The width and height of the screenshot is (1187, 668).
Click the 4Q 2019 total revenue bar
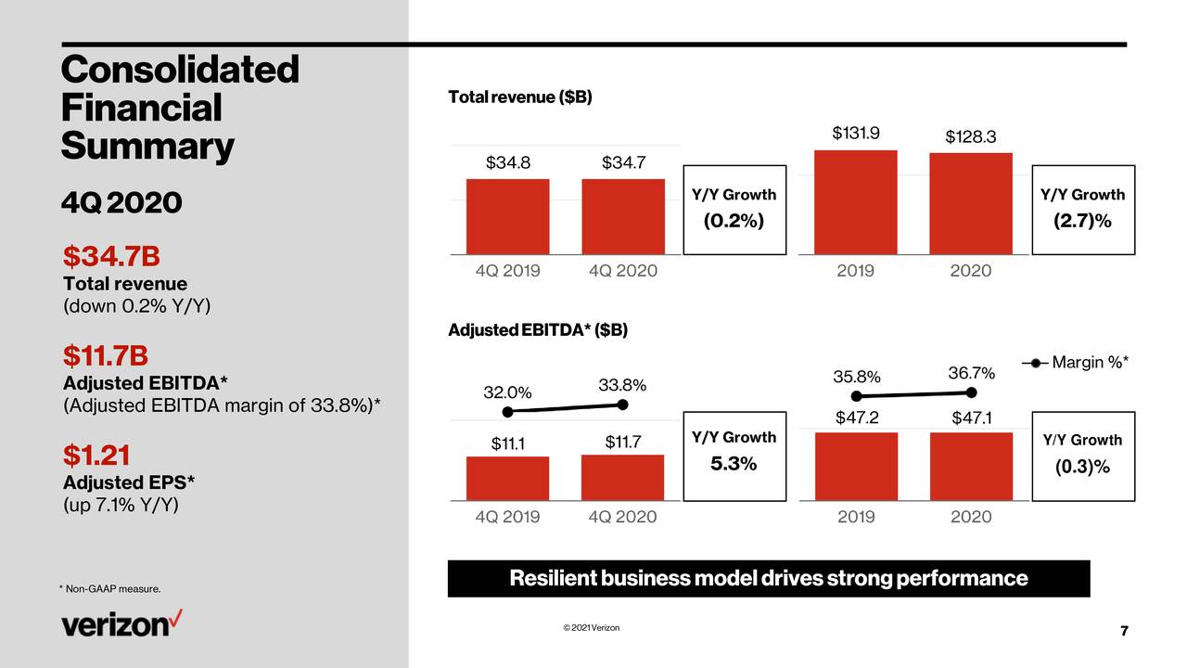coord(507,216)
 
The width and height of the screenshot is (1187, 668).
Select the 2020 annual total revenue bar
coord(971,203)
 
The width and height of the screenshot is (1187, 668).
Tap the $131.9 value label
coord(856,133)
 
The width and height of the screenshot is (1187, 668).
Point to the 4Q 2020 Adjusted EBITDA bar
coord(622,478)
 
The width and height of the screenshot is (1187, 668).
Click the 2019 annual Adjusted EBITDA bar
coord(856,467)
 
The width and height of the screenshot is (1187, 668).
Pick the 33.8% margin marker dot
coord(623,405)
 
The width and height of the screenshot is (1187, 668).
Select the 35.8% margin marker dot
coord(856,397)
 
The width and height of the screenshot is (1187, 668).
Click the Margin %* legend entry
coord(1075,363)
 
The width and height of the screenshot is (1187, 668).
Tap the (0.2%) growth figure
coord(733,222)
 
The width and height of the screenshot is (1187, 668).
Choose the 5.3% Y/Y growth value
coord(734,464)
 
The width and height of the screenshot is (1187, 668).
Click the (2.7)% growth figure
coord(1082,222)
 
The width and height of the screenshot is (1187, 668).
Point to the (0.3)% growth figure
coord(1082,467)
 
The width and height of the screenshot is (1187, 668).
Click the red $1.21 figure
coord(96,456)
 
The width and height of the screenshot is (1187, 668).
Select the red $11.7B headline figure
coord(106,355)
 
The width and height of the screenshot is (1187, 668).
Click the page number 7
coord(1124,632)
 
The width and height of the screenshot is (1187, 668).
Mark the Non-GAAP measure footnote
coord(110,590)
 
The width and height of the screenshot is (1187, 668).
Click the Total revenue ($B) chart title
coord(519,97)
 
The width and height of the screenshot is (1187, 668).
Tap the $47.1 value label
coord(971,418)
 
